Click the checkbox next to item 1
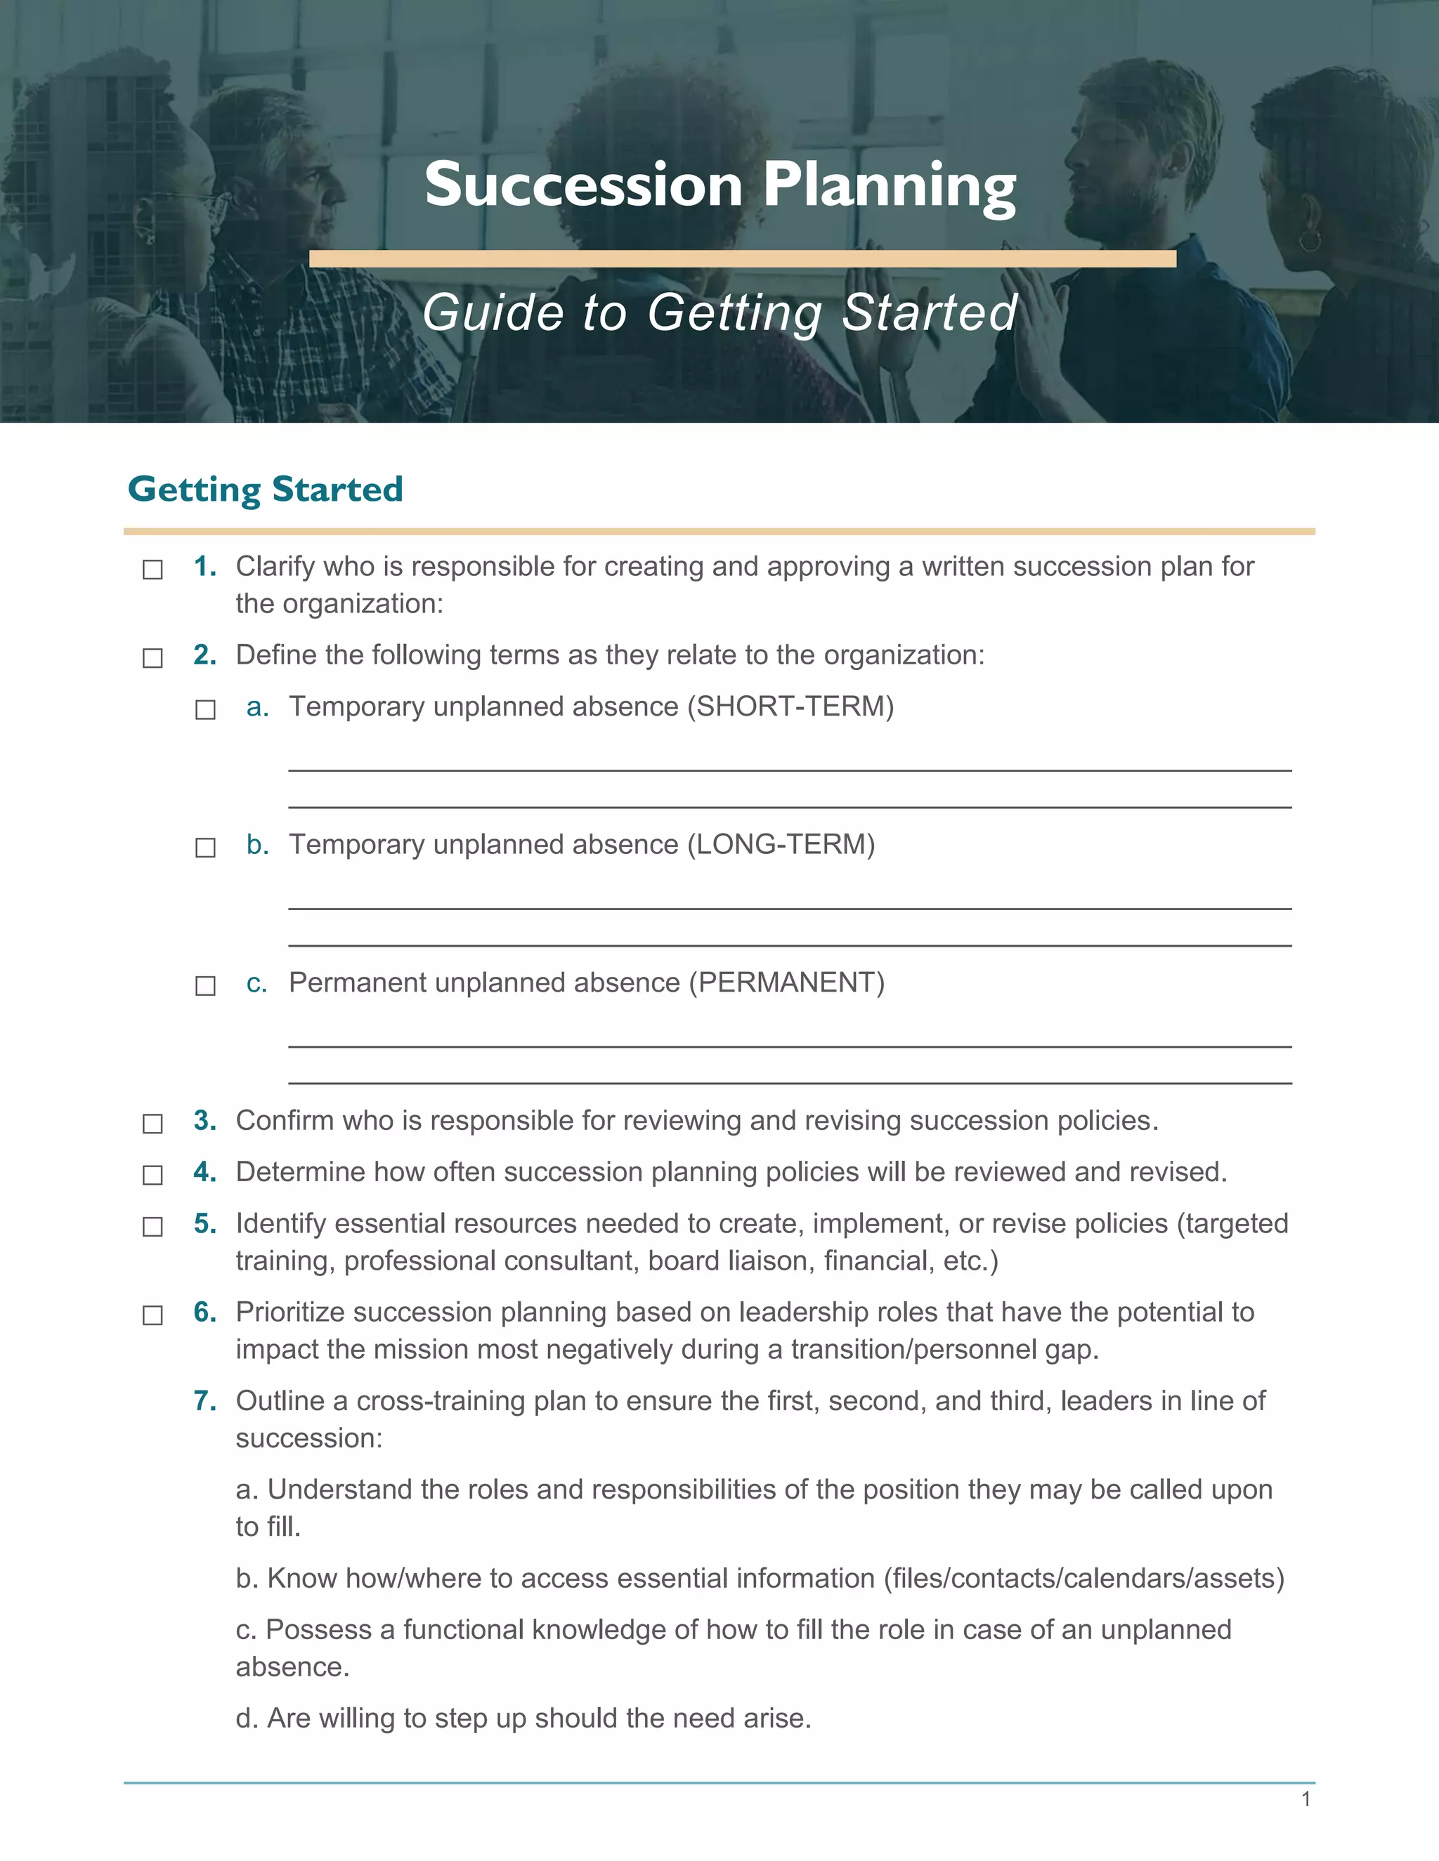152,570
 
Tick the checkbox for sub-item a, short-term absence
205,710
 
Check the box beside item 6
152,1315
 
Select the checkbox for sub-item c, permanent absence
205,986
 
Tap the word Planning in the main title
889,187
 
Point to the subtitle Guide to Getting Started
720,313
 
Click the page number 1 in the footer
1305,1798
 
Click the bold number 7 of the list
204,1400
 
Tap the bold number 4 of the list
204,1171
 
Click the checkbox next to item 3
152,1124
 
